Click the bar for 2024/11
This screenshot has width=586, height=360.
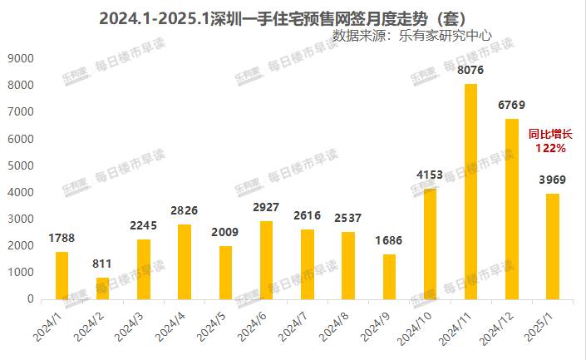[470, 191]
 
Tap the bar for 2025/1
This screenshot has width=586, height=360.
[552, 246]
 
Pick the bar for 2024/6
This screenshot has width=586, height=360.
[266, 259]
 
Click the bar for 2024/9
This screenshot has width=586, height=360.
[389, 276]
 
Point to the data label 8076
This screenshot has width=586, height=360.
[470, 72]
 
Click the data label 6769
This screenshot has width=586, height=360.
[511, 106]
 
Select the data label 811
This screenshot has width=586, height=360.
[103, 264]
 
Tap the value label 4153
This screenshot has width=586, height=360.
[430, 175]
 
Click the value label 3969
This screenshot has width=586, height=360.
[552, 180]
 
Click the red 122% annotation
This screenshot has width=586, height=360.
[551, 148]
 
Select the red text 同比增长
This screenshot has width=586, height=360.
[551, 134]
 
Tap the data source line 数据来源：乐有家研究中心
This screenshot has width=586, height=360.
[411, 36]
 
